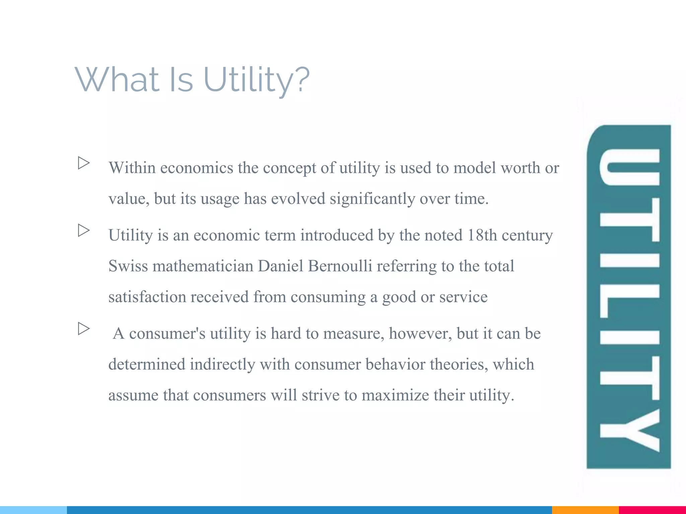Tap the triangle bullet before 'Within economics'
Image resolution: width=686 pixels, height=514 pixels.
(x=84, y=163)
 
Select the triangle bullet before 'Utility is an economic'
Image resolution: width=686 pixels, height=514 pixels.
(x=84, y=230)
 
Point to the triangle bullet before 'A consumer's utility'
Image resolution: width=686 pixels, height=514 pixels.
(x=84, y=329)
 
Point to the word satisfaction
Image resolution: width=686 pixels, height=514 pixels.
(x=147, y=297)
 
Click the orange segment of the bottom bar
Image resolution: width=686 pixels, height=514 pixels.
(x=585, y=510)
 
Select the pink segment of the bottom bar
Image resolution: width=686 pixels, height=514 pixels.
(x=652, y=510)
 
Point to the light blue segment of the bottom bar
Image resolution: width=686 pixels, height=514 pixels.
(x=33, y=510)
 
